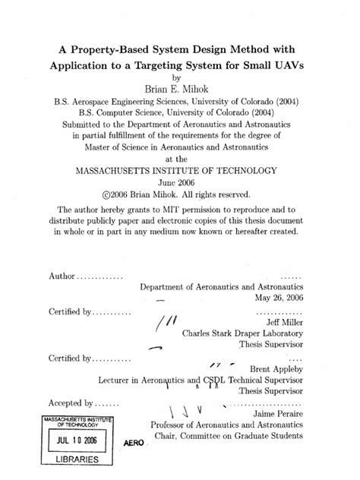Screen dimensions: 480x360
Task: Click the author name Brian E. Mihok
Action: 179,88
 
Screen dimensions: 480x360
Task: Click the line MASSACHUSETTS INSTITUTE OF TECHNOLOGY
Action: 179,171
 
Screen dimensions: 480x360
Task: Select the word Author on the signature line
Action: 62,275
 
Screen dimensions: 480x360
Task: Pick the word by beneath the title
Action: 179,76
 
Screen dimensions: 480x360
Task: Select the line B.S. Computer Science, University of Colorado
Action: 179,113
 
